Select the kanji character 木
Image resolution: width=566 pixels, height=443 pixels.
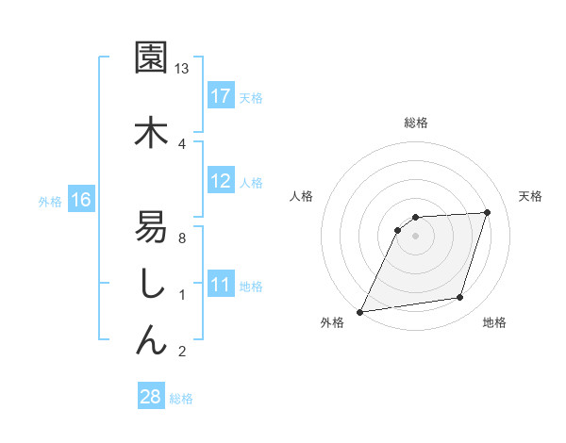point(151,132)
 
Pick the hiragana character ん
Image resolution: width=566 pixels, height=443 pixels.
point(151,338)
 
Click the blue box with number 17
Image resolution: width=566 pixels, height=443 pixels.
point(221,96)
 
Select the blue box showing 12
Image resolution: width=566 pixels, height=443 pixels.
point(221,181)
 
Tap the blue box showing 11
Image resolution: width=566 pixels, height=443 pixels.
point(221,285)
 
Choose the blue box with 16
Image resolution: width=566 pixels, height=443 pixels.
point(81,200)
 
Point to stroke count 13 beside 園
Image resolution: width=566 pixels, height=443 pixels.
point(182,69)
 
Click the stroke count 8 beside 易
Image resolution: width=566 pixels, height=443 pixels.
point(182,238)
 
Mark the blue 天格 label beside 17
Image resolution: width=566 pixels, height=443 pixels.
point(251,97)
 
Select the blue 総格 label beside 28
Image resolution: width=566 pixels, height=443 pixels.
point(181,398)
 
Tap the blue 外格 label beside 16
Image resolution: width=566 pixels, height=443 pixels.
point(49,201)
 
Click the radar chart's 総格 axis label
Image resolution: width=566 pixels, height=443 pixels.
point(416,123)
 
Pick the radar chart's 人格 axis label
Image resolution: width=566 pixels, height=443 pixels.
point(301,196)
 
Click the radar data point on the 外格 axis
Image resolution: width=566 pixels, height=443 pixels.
point(359,312)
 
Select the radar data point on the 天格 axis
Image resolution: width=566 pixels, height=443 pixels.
point(488,212)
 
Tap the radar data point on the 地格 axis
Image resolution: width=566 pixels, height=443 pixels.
point(460,298)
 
